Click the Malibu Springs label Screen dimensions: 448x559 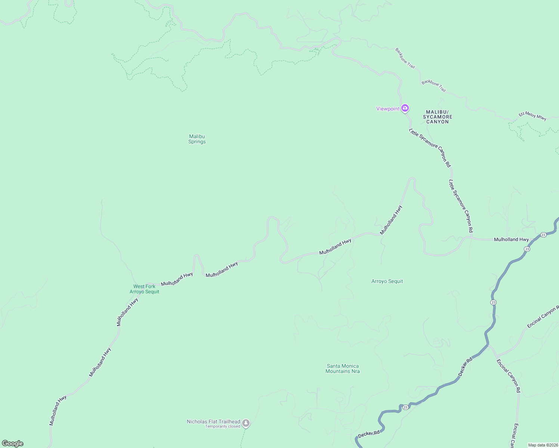coord(197,139)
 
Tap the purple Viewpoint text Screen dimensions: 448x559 coord(387,109)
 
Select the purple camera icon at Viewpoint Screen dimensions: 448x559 coord(405,108)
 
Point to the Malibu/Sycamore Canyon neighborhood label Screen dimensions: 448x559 coord(438,117)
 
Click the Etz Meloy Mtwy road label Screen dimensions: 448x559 coord(532,116)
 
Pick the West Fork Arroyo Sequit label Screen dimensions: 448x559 coord(144,289)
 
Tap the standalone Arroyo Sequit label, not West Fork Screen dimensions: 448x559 coord(387,281)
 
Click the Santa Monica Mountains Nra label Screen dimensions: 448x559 coord(343,368)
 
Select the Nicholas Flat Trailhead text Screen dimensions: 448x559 coord(213,421)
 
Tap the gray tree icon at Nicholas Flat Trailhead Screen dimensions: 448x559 coord(246,423)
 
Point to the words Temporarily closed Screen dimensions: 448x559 coord(222,426)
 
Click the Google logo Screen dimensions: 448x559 coord(13,444)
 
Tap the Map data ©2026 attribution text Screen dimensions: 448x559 coord(543,445)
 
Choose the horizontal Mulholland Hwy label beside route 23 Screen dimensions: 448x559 coord(511,239)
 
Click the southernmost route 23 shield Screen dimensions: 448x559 coord(405,407)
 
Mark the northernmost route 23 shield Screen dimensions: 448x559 coord(543,234)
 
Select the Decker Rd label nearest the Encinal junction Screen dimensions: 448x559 coord(465,367)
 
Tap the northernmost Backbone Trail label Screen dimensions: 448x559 coord(405,58)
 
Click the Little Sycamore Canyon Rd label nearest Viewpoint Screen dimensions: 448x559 coord(430,148)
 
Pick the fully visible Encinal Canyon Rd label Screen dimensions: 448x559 coord(508,376)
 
